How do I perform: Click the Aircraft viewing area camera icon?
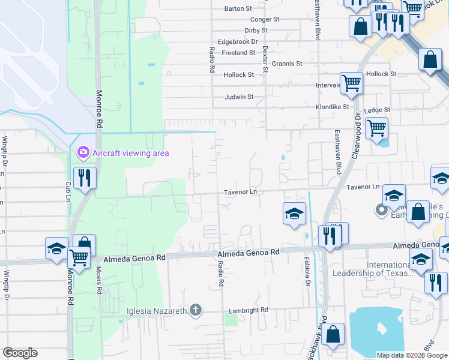(83, 153)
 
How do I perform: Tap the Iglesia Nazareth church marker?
(194, 310)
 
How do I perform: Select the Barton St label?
(238, 8)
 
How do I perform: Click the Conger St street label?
(265, 19)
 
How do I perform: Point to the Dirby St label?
(256, 31)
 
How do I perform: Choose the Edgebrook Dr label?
(238, 41)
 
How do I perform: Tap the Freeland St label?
(238, 53)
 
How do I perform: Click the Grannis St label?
(287, 64)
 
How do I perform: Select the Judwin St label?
(239, 97)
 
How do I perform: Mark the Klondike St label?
(333, 107)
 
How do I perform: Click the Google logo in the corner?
(20, 353)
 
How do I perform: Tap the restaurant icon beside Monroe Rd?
(85, 178)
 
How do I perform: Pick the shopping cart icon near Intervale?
(351, 83)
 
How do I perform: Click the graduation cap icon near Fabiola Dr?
(294, 213)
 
